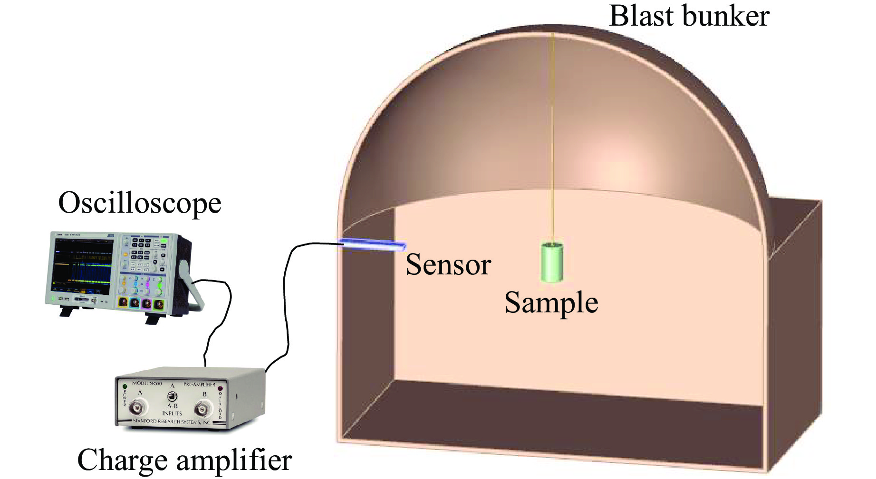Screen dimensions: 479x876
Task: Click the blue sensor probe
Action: tap(373, 244)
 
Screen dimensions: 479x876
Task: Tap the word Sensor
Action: tap(448, 265)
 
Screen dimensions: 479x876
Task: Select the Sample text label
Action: tap(551, 303)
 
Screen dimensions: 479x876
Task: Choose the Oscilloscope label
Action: tap(140, 203)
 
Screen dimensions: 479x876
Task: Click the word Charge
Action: tap(122, 460)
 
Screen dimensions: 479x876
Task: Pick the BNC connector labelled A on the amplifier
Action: tap(138, 406)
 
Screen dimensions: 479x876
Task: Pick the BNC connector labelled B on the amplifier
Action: tap(203, 408)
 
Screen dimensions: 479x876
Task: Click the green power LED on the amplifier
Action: tap(125, 386)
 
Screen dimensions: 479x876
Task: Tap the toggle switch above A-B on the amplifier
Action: tap(172, 395)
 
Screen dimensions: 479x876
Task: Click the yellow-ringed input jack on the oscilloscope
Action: tap(123, 302)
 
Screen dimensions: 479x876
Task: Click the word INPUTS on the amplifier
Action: tap(172, 413)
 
